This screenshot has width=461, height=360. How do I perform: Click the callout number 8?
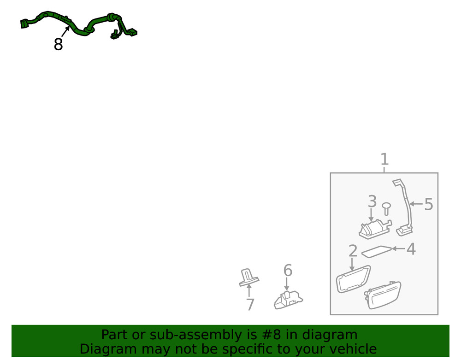pos(58,44)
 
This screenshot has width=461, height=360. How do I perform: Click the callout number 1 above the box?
pos(384,159)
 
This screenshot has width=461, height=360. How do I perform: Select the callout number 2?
pos(353,251)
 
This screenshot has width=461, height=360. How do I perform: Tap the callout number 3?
pos(372,201)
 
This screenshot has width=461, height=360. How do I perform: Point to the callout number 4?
pos(411,249)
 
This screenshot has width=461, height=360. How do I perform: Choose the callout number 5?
pos(429,204)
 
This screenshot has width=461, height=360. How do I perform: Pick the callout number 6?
pos(288,270)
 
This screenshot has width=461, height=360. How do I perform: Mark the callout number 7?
pos(250,305)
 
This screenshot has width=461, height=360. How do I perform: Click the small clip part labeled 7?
pos(249,277)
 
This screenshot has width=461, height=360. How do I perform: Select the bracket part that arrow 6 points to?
pos(288,300)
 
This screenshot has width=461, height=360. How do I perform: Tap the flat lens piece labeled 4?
pos(376,252)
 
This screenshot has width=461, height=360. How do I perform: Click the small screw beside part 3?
pos(386,208)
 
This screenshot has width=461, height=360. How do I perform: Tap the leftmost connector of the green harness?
pos(24,24)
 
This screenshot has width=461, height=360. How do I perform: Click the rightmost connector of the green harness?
pos(133,32)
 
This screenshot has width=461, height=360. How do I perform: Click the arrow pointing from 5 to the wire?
pos(416,204)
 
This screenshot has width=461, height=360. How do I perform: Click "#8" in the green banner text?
pos(272,335)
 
